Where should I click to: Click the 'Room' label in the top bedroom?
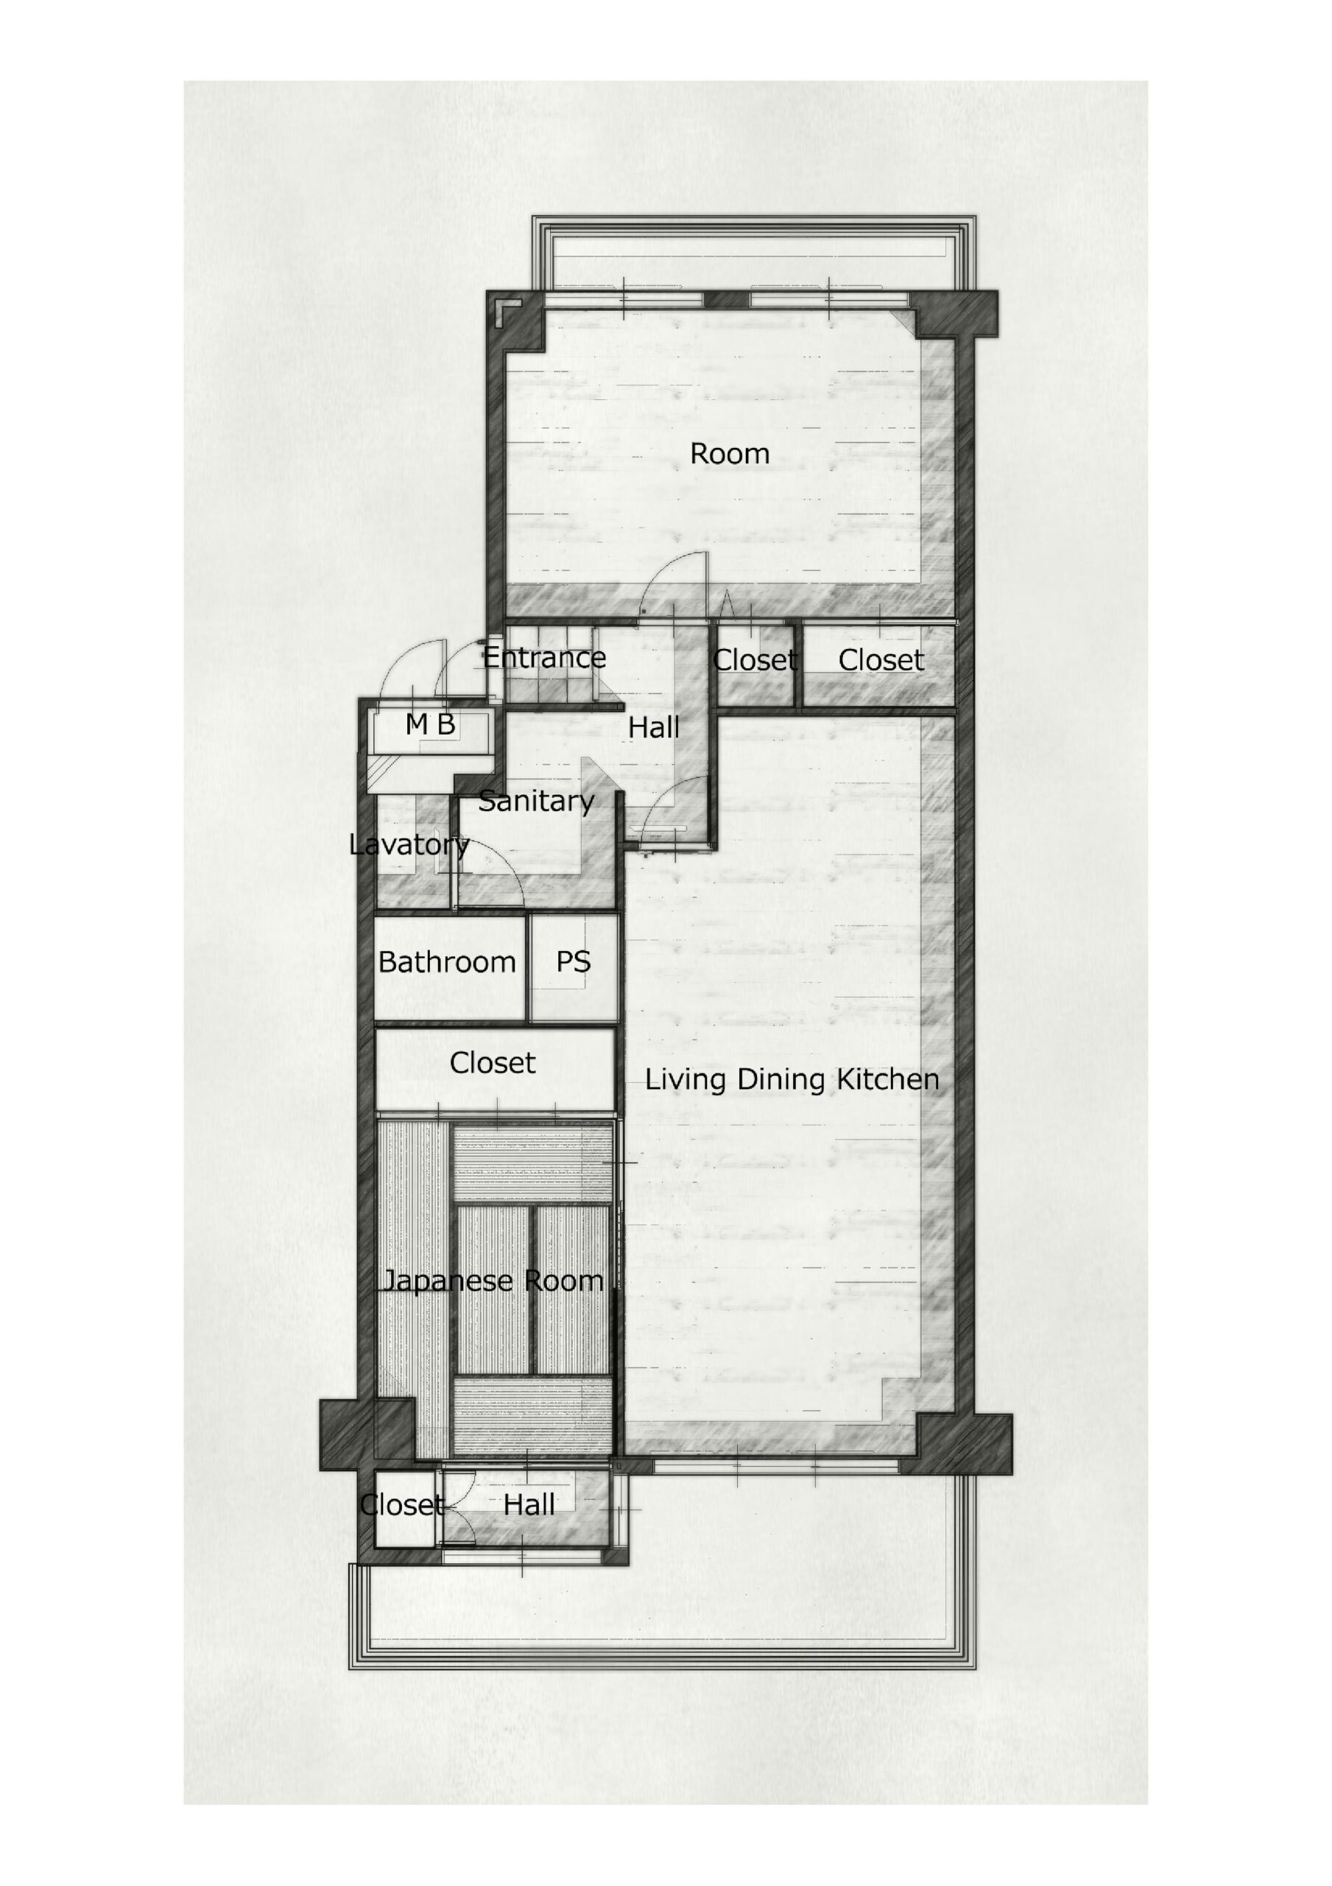729,453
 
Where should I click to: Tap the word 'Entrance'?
543,657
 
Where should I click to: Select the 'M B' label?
430,723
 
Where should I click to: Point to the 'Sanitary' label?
536,801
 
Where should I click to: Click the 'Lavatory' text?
409,844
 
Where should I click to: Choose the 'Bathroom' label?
447,962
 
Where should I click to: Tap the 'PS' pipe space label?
573,962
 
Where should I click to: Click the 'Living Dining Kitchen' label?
792,1079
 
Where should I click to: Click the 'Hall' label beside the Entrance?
654,727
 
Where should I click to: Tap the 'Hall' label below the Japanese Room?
529,1505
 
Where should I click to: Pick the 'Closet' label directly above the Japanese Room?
492,1063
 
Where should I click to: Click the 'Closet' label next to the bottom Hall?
402,1505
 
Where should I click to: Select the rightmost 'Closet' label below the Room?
881,659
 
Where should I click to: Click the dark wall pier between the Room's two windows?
727,299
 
